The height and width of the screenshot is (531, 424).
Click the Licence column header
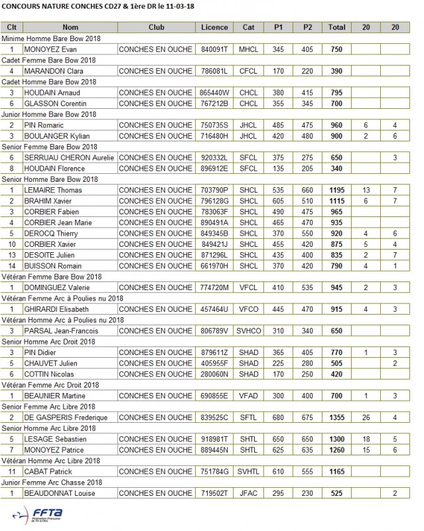[x=214, y=28]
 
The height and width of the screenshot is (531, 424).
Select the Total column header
[x=336, y=28]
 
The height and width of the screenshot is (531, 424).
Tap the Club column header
[x=157, y=28]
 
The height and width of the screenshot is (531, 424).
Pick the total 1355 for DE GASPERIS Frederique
[x=336, y=417]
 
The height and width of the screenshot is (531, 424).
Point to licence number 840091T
[x=214, y=50]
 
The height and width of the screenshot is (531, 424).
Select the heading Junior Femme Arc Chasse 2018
[x=52, y=483]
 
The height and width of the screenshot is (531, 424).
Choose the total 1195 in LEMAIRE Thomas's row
[x=336, y=190]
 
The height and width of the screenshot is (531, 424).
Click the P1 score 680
[x=278, y=417]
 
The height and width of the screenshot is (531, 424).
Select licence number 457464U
[x=214, y=309]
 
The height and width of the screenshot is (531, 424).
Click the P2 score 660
[x=307, y=190]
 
